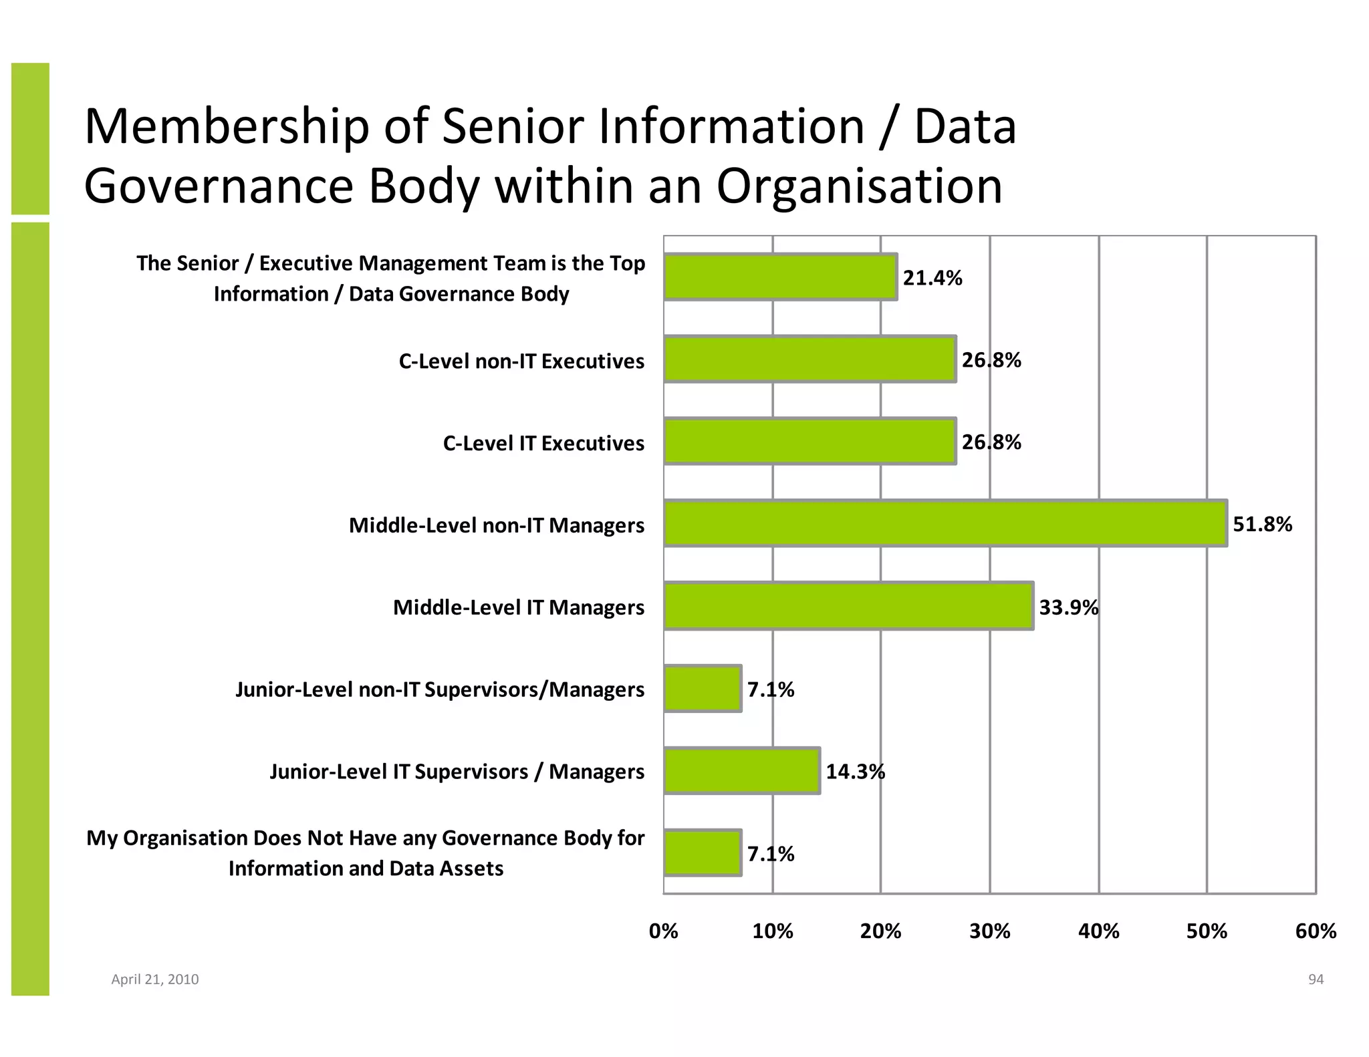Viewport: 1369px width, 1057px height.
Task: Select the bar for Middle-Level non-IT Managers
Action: coord(945,523)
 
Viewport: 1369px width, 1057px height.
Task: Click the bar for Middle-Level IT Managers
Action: coord(848,605)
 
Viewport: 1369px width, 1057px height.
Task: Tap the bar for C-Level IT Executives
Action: coord(810,441)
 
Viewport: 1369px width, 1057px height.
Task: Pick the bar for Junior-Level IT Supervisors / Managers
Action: coord(742,770)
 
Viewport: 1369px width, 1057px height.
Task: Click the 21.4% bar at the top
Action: coord(780,277)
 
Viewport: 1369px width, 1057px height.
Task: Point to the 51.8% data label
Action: coord(1262,524)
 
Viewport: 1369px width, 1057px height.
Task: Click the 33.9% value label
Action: coord(1068,607)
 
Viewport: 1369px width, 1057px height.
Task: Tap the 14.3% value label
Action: coord(855,772)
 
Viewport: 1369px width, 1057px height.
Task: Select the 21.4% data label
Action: coord(932,278)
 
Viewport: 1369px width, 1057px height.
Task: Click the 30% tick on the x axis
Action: coord(989,931)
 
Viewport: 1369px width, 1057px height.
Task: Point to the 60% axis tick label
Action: coord(1315,931)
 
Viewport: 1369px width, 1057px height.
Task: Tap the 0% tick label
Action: coord(663,931)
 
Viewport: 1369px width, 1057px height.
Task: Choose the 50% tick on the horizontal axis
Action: coord(1207,931)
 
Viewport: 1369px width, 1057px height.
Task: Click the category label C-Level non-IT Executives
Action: coord(521,361)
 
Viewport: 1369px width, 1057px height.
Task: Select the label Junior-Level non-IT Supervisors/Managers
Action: coord(439,689)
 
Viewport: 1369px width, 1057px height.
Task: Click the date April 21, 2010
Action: coord(154,979)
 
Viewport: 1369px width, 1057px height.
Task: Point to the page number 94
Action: coord(1316,979)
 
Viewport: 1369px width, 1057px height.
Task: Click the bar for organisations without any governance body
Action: coord(703,853)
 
